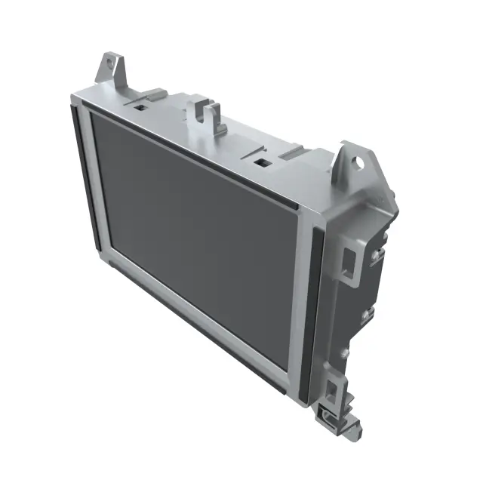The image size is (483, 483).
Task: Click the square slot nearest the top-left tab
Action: (x=140, y=106)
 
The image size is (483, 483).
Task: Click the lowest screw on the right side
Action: (x=346, y=352)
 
